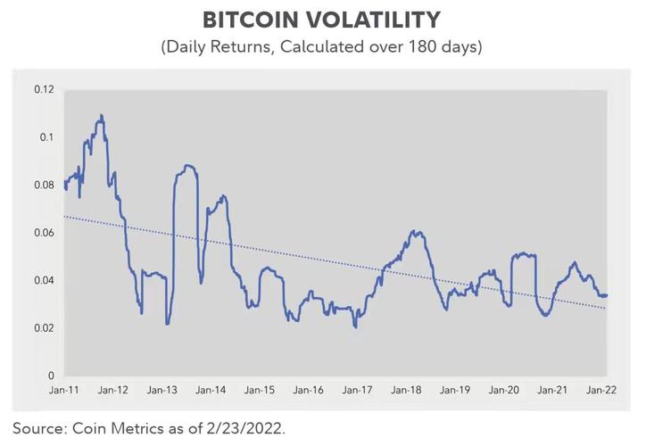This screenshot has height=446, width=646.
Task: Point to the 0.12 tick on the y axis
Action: [45, 89]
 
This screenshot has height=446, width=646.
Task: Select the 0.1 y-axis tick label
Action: [47, 137]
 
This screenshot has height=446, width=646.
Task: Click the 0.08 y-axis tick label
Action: [45, 185]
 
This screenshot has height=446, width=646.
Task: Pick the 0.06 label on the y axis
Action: [45, 233]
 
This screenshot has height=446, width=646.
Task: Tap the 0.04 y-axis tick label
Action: [45, 280]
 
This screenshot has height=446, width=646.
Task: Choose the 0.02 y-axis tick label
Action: [45, 328]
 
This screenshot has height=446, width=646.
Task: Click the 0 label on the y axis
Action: [52, 376]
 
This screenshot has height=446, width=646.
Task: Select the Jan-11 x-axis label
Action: [65, 391]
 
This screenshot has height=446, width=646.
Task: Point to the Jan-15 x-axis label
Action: [260, 391]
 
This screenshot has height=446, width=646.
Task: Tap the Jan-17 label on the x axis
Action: [357, 391]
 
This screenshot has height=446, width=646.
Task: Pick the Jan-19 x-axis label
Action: [455, 391]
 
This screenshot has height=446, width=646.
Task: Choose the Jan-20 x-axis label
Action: [504, 391]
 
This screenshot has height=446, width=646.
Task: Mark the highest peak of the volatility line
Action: [101, 115]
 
